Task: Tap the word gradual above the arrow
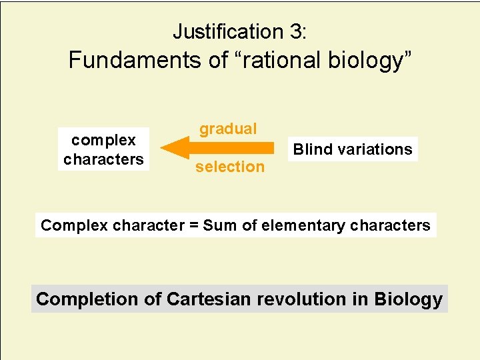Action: [x=228, y=129]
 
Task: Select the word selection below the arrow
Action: [x=230, y=167]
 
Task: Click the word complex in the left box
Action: [x=103, y=140]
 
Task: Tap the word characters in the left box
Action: [x=103, y=159]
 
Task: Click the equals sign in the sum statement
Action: [x=194, y=225]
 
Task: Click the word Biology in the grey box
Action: [x=408, y=299]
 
